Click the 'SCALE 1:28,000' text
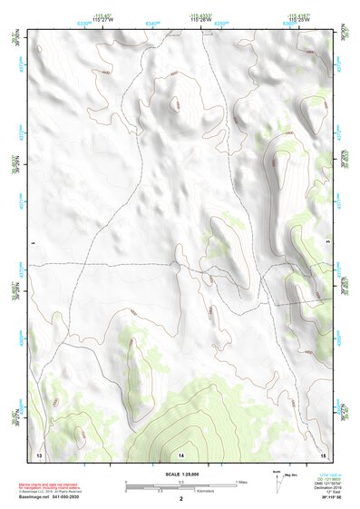(x=181, y=473)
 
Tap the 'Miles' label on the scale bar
(x=241, y=482)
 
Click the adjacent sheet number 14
(x=181, y=453)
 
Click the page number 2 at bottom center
(x=181, y=498)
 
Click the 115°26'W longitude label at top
(x=200, y=20)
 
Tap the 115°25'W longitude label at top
(x=297, y=20)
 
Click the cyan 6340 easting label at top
(x=151, y=21)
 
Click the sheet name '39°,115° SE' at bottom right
(x=316, y=497)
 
